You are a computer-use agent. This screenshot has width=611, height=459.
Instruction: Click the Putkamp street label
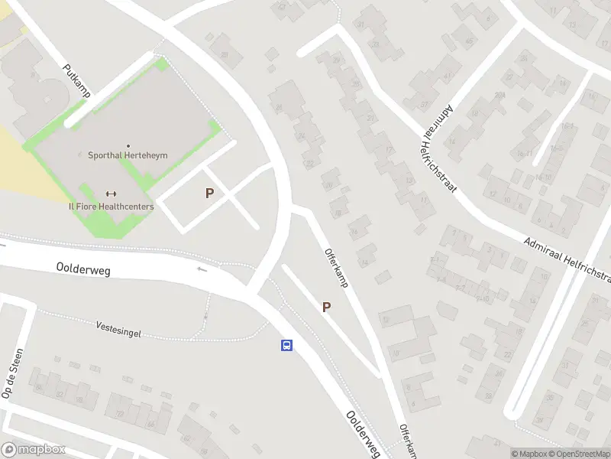coord(77,81)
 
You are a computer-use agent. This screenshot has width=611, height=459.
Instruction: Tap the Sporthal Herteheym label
coord(128,155)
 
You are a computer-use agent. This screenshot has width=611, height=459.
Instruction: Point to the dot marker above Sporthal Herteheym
coord(128,145)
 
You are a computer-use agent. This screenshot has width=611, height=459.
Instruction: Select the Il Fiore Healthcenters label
coord(111,207)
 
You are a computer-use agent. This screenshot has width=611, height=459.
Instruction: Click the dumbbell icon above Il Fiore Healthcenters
coord(111,194)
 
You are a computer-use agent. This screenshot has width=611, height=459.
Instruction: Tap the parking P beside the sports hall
coord(209,194)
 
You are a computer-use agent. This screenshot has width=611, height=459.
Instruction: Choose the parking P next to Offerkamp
coord(326,307)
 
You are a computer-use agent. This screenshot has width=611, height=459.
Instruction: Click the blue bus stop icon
coord(286,346)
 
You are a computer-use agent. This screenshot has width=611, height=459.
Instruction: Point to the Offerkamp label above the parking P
coord(336,267)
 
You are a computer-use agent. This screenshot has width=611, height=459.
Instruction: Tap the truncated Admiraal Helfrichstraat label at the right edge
coord(567,257)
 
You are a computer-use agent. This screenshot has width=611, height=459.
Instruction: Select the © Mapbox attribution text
coord(529,454)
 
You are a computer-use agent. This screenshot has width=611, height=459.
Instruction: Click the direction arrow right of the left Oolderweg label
coord(202,269)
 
